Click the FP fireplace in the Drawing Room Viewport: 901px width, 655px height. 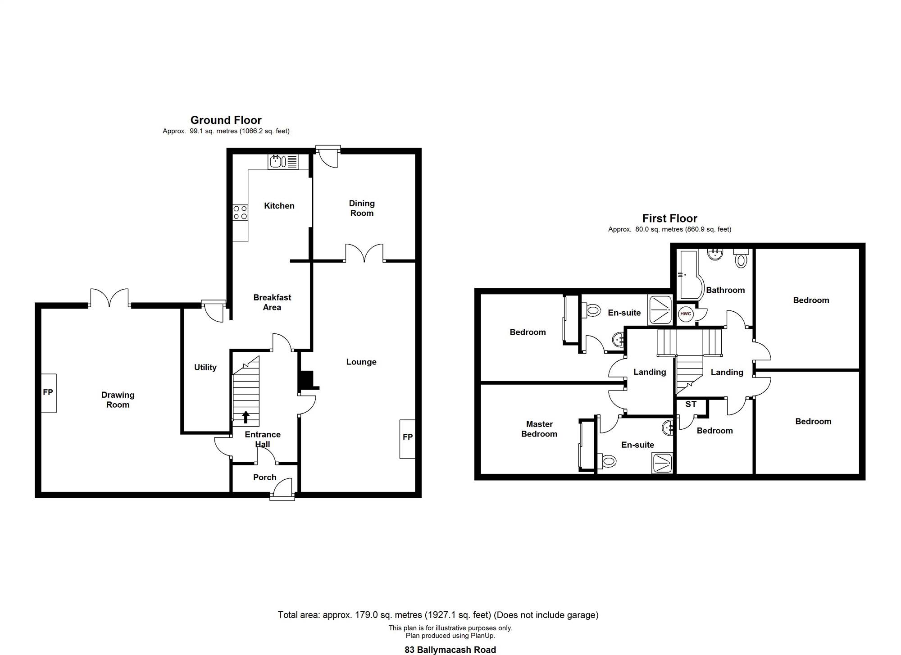[49, 393]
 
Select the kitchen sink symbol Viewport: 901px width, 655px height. [283, 161]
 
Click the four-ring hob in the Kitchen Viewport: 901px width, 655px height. [240, 213]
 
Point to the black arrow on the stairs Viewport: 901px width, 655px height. [246, 417]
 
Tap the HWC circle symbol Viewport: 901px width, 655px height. [686, 314]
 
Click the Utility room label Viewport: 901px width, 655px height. [205, 367]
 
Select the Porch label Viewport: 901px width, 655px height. [265, 477]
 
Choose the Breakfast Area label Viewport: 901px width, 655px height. [272, 302]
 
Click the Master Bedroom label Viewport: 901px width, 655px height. [539, 429]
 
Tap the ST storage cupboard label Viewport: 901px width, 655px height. [691, 404]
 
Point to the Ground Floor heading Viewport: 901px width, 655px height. [226, 120]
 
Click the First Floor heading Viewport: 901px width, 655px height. [669, 218]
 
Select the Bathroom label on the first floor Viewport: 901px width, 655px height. [725, 290]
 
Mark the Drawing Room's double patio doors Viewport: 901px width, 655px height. [109, 298]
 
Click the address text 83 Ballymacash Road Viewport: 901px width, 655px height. [450, 650]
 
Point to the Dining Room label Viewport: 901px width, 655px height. [362, 208]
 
